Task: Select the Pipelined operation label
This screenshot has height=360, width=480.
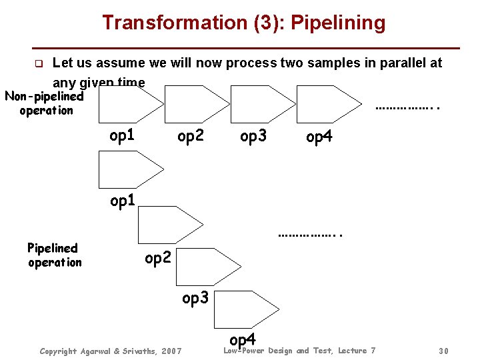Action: click(53, 255)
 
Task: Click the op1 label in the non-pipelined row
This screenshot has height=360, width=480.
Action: click(122, 136)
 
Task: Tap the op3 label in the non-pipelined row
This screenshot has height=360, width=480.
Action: click(253, 137)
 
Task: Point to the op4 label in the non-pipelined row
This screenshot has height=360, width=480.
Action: click(319, 137)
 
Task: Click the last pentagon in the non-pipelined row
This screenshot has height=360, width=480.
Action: click(326, 103)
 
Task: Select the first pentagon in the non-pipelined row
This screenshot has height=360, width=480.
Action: click(129, 103)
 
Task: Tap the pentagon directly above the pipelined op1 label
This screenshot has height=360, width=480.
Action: click(129, 169)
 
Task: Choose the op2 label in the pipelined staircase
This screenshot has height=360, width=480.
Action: click(159, 257)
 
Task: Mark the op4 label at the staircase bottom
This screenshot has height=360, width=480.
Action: click(243, 340)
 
